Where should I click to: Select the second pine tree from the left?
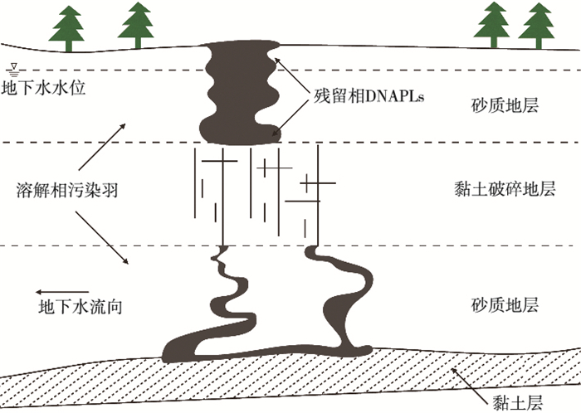click(135, 25)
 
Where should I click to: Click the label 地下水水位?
click(38, 86)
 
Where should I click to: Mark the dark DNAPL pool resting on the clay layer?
click(249, 349)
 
